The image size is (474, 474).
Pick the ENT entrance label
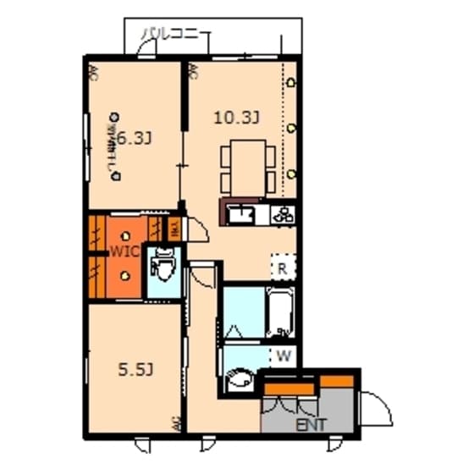coord(310,424)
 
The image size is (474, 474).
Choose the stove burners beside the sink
coord(282,214)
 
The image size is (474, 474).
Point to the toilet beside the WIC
coord(162,270)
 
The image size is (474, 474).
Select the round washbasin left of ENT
coord(240,381)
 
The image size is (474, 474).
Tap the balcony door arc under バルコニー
coord(146,50)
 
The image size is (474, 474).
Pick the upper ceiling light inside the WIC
coord(124,236)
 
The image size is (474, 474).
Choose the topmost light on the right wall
coord(292,83)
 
